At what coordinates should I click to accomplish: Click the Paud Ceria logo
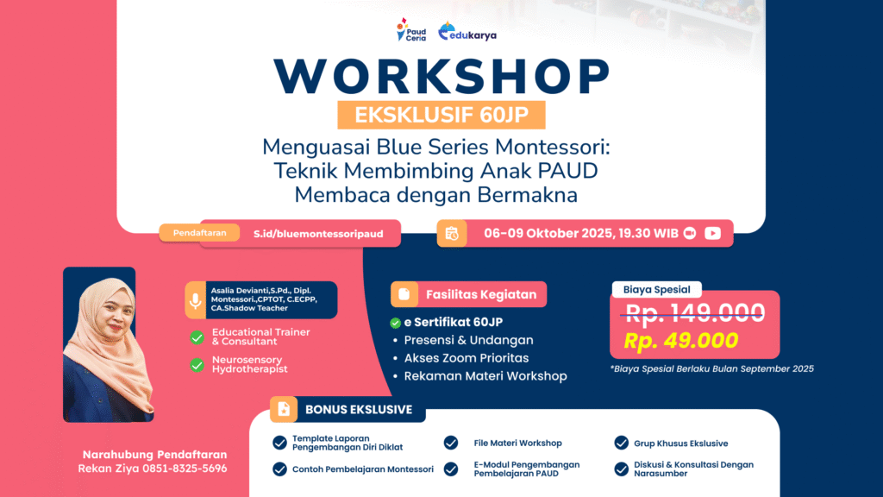click(411, 30)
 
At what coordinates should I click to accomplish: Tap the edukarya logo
click(467, 32)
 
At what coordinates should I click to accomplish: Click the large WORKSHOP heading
click(442, 76)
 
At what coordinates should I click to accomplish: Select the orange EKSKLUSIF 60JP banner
click(441, 115)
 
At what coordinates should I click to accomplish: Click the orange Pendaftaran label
click(199, 233)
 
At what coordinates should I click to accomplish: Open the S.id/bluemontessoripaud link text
click(318, 234)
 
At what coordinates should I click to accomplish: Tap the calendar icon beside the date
click(452, 233)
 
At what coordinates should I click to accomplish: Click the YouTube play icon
click(712, 233)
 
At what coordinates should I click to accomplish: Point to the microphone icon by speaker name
click(196, 300)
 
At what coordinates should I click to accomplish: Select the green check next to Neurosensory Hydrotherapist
click(197, 365)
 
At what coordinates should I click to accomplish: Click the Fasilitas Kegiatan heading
click(481, 295)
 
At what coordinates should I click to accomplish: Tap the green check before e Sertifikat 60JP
click(395, 323)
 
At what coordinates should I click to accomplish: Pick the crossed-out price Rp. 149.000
click(695, 312)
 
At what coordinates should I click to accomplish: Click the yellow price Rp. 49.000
click(681, 340)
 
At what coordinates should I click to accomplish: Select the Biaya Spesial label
click(656, 290)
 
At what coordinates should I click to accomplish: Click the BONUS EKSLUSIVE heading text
click(359, 410)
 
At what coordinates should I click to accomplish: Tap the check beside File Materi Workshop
click(451, 443)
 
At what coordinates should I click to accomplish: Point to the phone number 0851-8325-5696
click(185, 469)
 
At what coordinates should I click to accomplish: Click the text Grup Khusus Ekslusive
click(681, 444)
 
